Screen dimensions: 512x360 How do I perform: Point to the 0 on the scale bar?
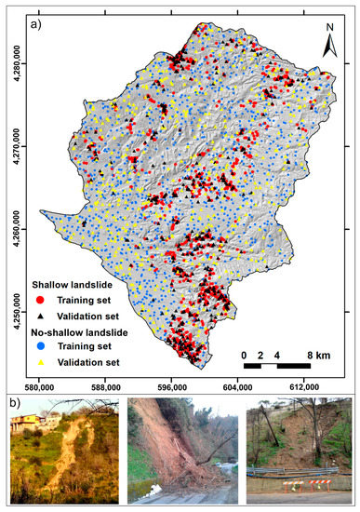(x=244, y=356)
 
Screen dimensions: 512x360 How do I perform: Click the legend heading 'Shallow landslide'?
(x=71, y=284)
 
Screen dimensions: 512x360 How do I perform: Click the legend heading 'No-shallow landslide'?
(x=79, y=330)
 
